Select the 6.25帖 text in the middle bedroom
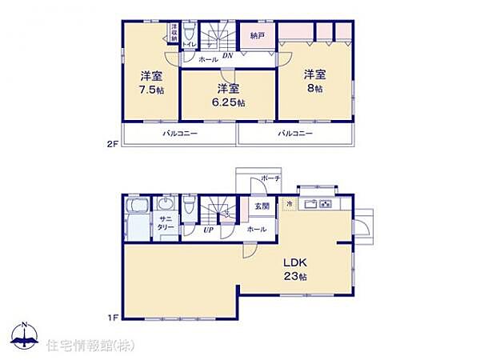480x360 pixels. tap(229, 102)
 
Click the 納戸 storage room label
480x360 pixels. tap(257, 36)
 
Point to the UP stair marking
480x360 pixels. tap(207, 230)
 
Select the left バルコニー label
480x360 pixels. tap(179, 133)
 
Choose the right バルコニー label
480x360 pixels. tap(295, 133)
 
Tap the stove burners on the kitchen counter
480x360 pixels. tap(326, 204)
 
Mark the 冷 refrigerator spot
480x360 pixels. tap(289, 204)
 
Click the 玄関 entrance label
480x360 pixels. tap(262, 206)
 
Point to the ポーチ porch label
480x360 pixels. tap(269, 178)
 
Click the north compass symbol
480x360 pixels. tap(25, 337)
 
